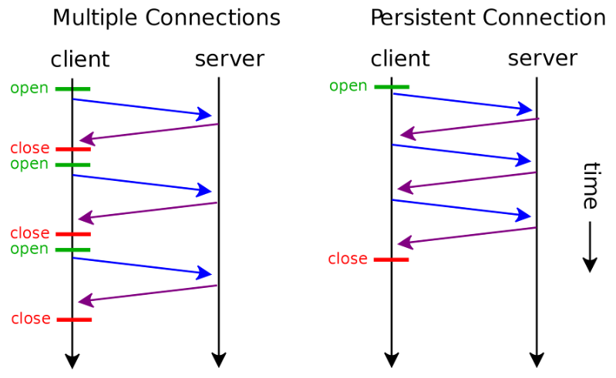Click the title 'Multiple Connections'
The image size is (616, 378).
pos(167,18)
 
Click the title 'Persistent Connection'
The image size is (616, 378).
pos(488,18)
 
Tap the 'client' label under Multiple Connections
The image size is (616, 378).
pos(80,59)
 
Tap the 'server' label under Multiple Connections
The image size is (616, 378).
pos(230,59)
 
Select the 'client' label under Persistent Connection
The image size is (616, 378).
pos(400,59)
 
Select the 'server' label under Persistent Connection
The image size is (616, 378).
pos(543,59)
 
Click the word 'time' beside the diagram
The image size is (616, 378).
pos(591,185)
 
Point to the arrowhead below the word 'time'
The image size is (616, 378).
pos(590,265)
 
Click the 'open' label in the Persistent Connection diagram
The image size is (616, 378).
pos(348,86)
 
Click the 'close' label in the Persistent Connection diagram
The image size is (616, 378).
pos(348,259)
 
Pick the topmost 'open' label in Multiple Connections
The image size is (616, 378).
pos(29,89)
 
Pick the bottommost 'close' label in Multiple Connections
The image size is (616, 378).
pos(31,319)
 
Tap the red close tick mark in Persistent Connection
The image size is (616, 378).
pos(392,259)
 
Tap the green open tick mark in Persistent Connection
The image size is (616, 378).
pos(392,87)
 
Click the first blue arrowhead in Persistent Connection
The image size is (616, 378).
pos(524,109)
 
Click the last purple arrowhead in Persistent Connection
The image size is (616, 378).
pos(406,243)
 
